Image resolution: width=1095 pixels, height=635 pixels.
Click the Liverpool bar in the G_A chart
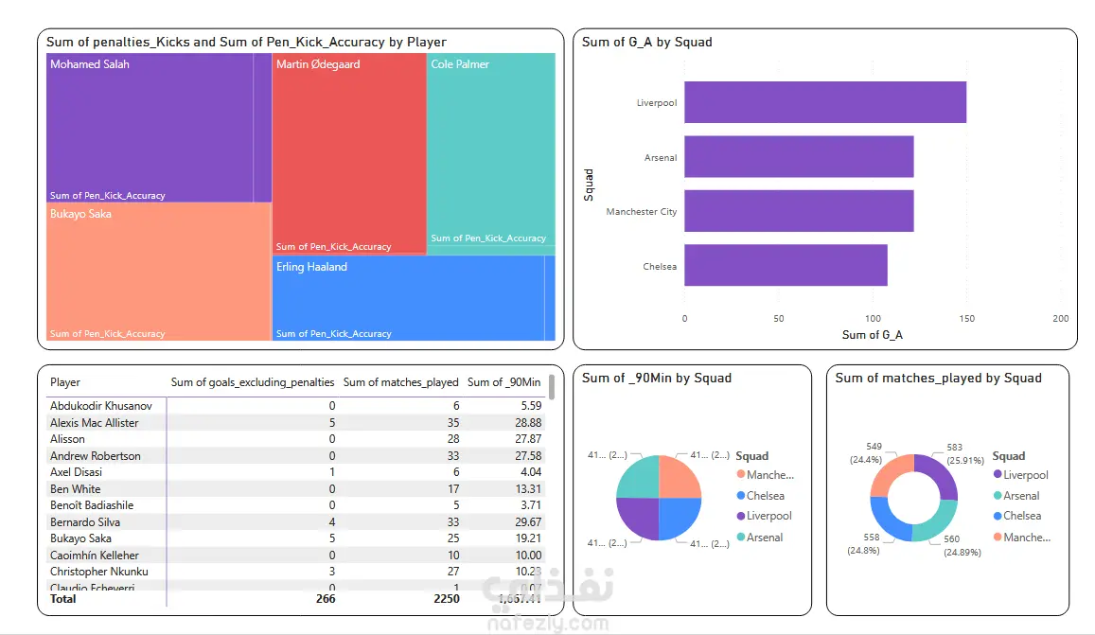click(x=824, y=102)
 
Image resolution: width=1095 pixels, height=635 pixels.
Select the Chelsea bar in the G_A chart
click(x=786, y=266)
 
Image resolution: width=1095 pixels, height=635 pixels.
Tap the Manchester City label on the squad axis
click(x=642, y=212)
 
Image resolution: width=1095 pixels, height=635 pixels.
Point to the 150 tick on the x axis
click(x=966, y=319)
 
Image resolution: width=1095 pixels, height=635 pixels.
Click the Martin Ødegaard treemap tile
click(x=348, y=151)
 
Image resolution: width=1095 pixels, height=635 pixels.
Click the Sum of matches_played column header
click(x=400, y=382)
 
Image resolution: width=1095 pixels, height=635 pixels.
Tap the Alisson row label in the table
click(x=67, y=439)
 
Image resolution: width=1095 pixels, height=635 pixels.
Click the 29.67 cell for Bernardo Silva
click(x=523, y=522)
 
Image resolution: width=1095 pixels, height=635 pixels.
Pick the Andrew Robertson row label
click(x=95, y=456)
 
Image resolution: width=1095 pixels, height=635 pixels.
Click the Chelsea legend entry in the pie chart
click(x=765, y=496)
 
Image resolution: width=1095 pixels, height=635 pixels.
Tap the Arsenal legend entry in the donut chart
click(x=1021, y=496)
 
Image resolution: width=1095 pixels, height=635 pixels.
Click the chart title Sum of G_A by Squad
click(x=646, y=42)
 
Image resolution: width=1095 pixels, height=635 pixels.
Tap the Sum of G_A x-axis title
click(x=873, y=335)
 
